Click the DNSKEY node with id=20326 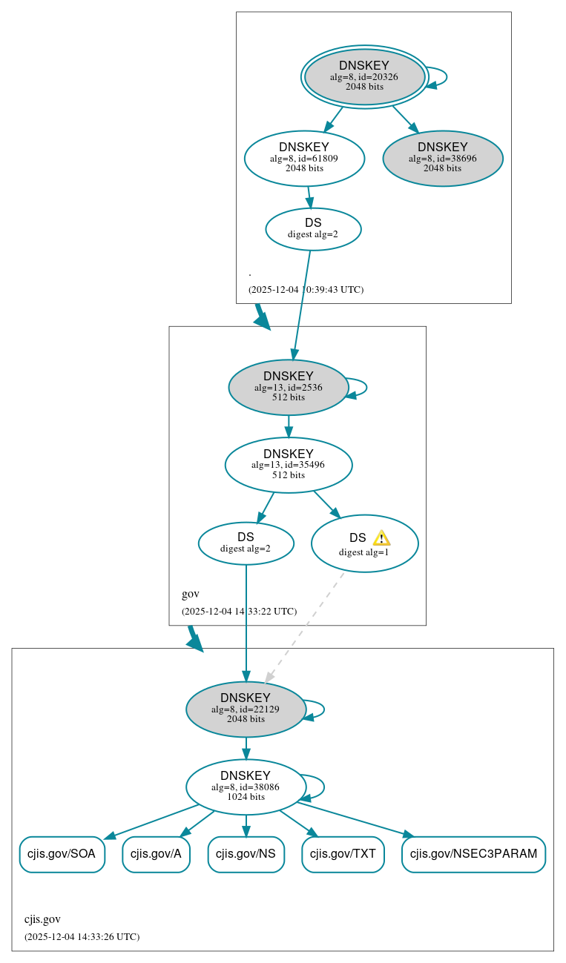(364, 76)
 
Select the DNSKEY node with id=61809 (304, 158)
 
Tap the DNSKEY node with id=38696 (443, 158)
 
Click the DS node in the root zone (313, 228)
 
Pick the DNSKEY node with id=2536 (289, 387)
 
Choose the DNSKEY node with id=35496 (289, 465)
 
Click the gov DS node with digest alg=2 (246, 543)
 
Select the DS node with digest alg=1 (363, 543)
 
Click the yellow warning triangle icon (381, 538)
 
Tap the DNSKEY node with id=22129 (246, 709)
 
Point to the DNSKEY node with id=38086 (246, 787)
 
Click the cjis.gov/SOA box (62, 854)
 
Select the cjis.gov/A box (156, 854)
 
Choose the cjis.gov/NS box (246, 854)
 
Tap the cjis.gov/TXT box (343, 854)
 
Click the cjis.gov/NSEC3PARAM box (473, 854)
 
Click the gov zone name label (191, 594)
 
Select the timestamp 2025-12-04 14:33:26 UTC (82, 936)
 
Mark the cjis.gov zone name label (42, 919)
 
